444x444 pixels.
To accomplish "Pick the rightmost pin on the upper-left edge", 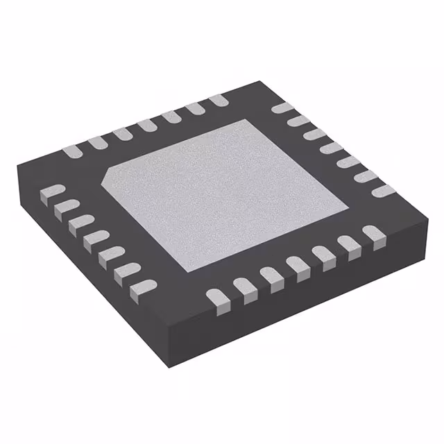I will pos(218,101).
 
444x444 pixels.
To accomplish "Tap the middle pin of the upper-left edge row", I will pos(146,125).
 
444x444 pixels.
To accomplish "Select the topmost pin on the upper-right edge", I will pos(281,108).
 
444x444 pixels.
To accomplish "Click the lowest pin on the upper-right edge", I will pos(382,190).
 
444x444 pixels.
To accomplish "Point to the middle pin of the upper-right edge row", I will pos(332,148).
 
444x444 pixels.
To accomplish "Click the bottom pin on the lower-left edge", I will pos(144,283).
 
